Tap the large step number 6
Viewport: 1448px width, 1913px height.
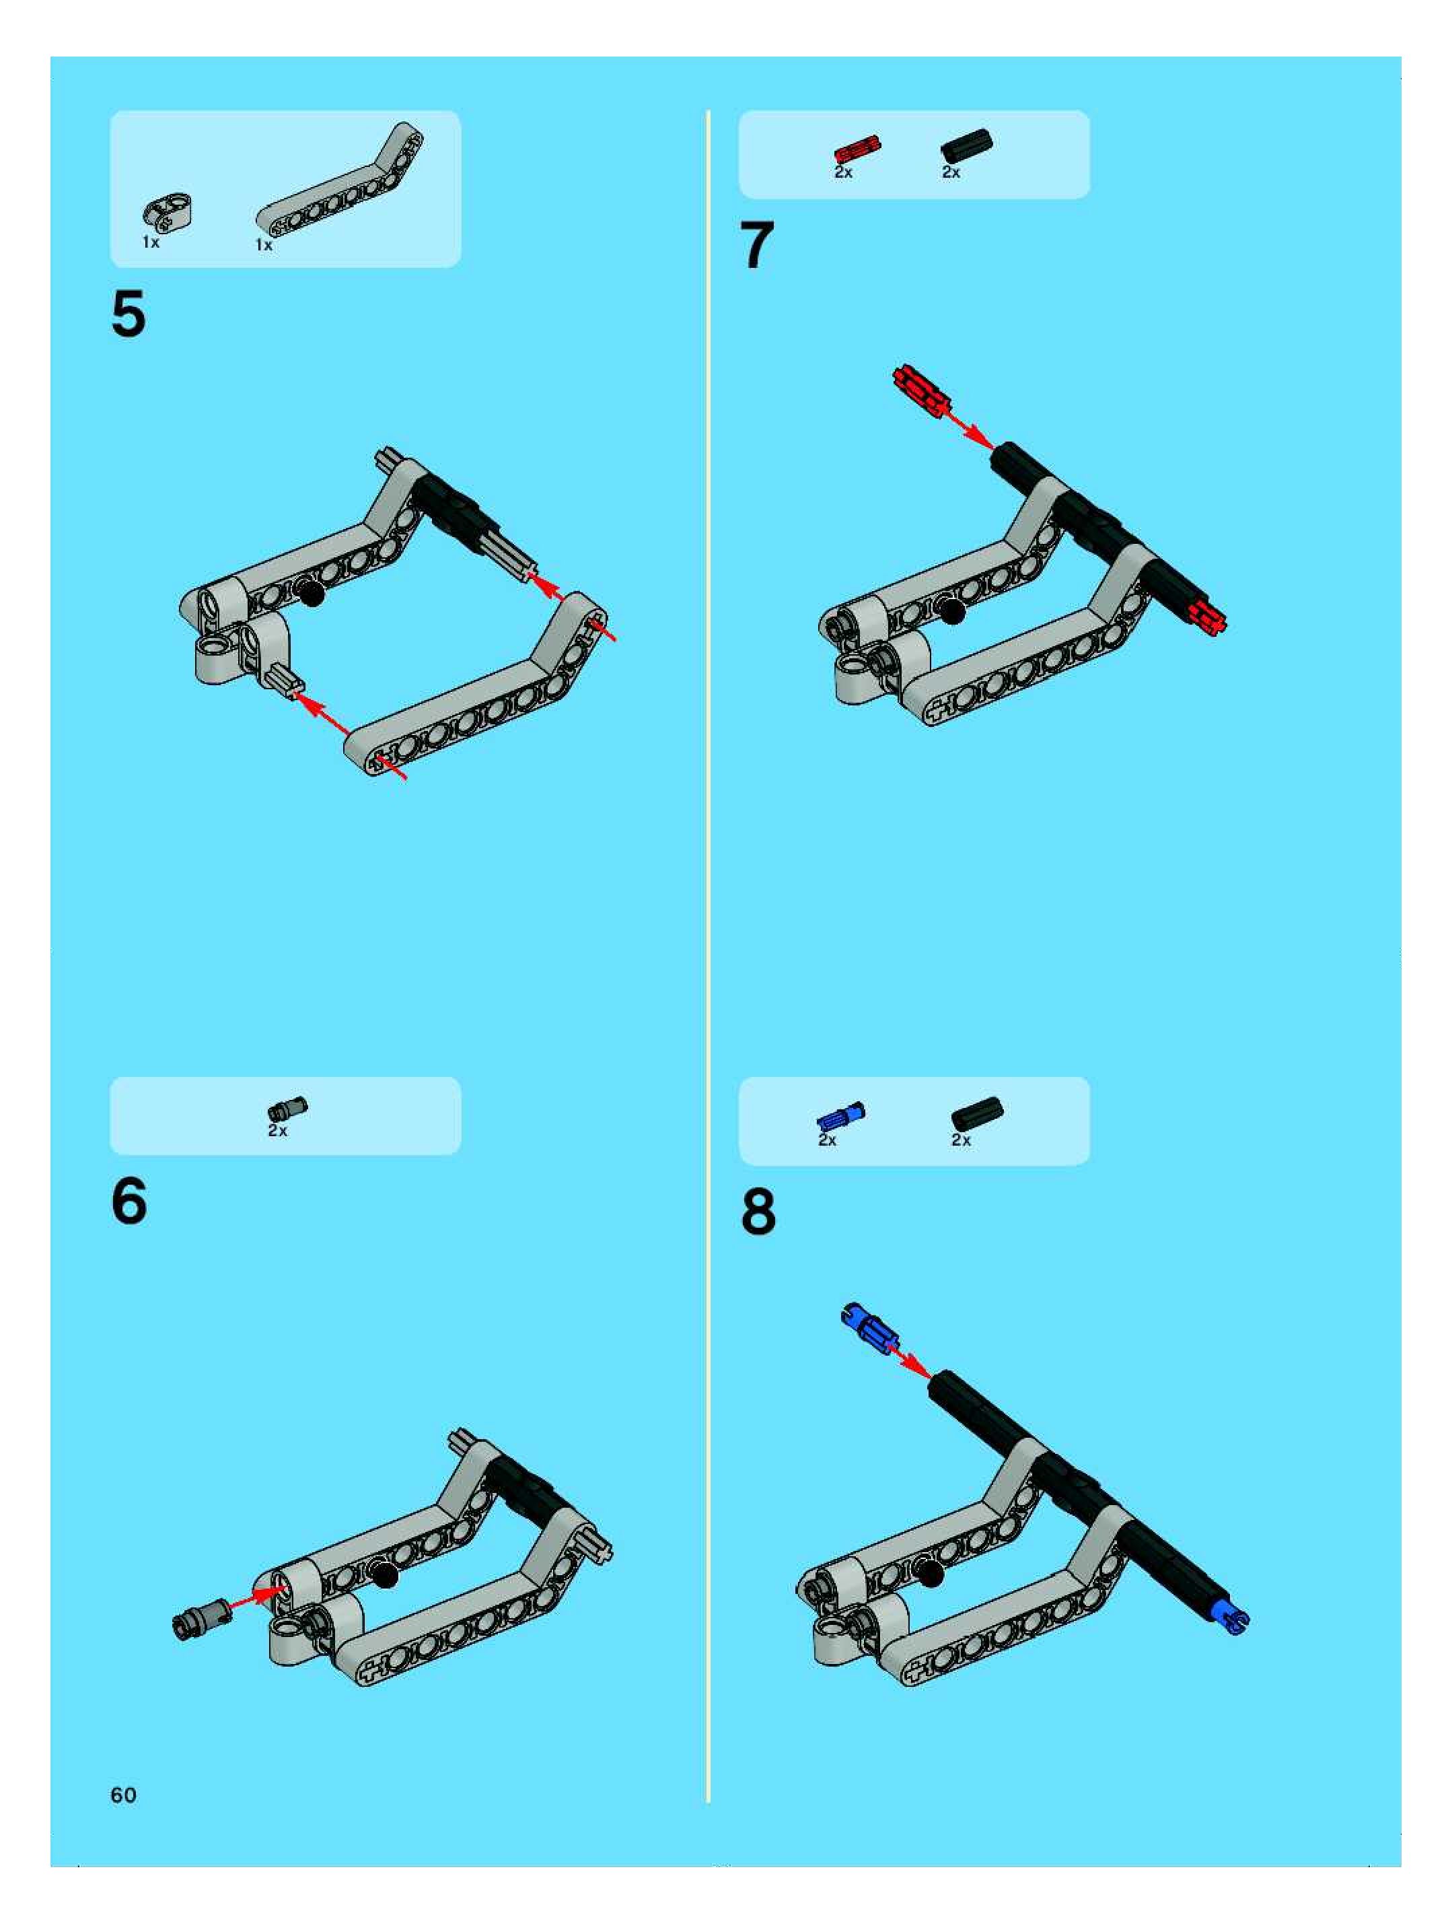tap(129, 1202)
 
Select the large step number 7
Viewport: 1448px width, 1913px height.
tap(757, 245)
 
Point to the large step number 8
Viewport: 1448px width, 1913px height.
tap(758, 1212)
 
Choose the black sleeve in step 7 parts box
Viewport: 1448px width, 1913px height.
tap(966, 145)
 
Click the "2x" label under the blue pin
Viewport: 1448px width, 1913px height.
tap(828, 1140)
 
